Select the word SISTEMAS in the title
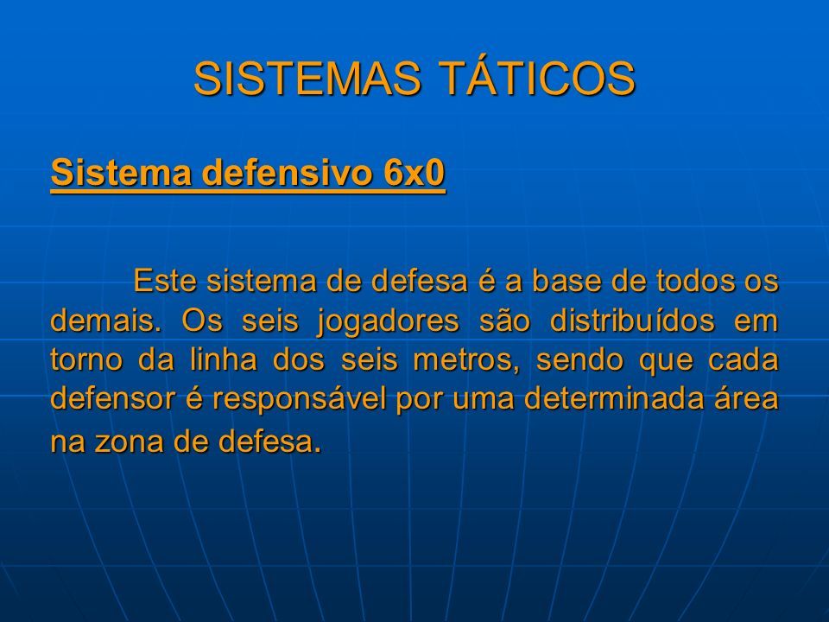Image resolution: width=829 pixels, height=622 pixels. point(307,79)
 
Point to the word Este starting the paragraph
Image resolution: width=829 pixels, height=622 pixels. point(166,280)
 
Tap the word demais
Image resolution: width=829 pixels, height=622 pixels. point(105,320)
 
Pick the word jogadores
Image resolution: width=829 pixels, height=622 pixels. point(388,321)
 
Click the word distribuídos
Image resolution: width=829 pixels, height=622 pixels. point(632,320)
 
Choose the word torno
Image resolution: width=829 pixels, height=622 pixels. point(85,360)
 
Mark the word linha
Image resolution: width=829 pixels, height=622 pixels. point(223,359)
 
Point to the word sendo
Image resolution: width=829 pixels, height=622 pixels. point(580,359)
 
